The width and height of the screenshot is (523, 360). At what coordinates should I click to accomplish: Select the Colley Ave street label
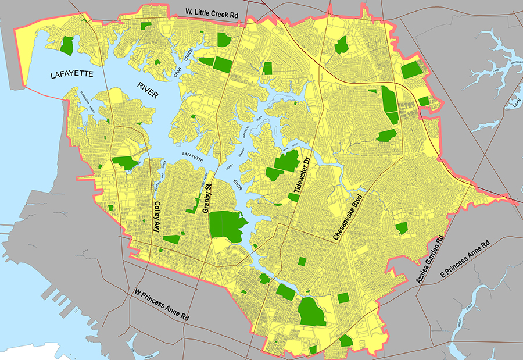coord(156,216)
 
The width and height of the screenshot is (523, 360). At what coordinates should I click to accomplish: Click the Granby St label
coord(206,197)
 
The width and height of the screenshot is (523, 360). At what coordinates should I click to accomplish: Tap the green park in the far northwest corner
coord(68,45)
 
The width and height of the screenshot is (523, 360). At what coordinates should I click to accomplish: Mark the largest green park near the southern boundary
coord(311,312)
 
